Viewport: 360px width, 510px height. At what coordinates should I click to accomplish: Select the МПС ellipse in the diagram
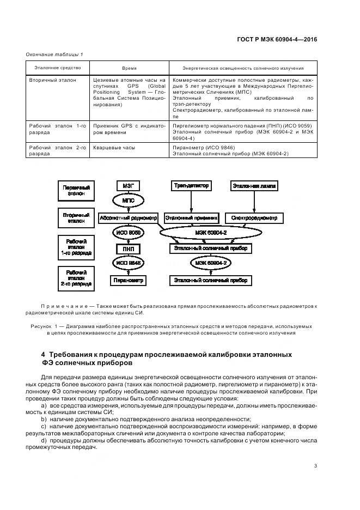pos(129,201)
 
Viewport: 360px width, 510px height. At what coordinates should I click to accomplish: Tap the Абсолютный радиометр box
pos(129,217)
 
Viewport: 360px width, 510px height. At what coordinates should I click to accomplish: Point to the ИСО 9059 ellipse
pos(129,233)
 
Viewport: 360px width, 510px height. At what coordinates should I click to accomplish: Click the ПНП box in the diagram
pos(129,249)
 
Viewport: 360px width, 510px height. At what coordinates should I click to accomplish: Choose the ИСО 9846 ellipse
pos(129,264)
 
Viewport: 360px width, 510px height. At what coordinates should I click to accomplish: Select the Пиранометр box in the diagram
pos(129,281)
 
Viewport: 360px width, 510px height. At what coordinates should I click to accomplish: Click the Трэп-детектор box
pos(191,186)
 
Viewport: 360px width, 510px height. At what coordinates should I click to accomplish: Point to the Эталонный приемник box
pos(191,218)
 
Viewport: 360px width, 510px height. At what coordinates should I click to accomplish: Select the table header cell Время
pos(129,69)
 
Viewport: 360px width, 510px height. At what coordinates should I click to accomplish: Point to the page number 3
pos(316,465)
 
